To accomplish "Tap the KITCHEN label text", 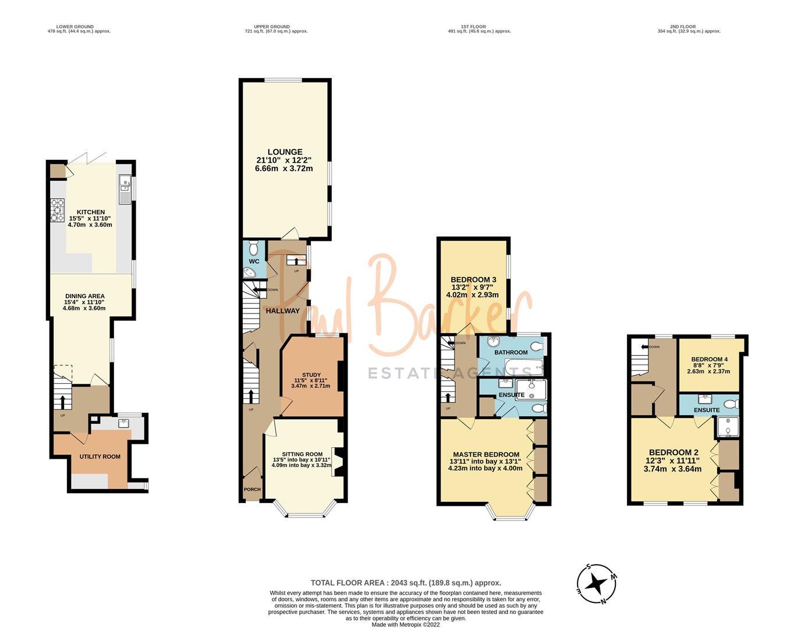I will pos(91,212).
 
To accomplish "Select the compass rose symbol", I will pos(597,583).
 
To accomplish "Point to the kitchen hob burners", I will pos(59,210).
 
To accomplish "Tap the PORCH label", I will pos(252,489).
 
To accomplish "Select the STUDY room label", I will pos(311,375).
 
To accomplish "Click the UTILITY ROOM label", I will pos(100,456).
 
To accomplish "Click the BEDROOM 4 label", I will pos(708,359).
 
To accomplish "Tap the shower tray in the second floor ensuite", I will pos(727,426).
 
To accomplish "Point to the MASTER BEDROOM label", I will pos(486,455).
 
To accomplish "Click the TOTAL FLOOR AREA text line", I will pos(406,583).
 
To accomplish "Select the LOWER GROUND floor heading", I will pos(79,27).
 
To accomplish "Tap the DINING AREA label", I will pos(85,296).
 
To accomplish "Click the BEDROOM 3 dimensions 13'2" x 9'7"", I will pos(473,287).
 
